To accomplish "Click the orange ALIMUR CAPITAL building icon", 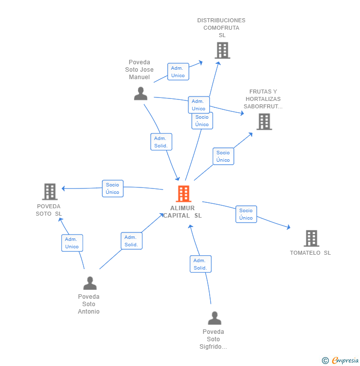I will point(183,194).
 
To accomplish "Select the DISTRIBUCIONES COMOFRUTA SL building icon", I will point(222,50).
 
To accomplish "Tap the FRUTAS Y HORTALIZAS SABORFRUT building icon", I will point(264,122).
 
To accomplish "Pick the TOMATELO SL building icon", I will point(311,238).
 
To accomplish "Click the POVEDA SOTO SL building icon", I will point(50,191).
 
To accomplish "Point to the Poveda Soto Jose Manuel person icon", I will point(140,93).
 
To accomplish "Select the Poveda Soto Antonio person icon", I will point(90,283).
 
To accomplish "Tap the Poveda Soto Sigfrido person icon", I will point(214,318).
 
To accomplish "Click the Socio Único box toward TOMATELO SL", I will point(246,214).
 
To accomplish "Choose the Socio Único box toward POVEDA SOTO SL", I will point(113,188).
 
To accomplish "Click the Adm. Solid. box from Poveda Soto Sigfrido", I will point(200,264).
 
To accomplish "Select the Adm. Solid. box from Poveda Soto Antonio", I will point(131,241).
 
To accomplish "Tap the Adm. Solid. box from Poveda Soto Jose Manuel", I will point(161,142).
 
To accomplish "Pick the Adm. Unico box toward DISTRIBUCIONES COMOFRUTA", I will point(178,72).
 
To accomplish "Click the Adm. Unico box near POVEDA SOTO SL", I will point(72,243).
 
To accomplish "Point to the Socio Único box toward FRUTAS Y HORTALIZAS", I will point(223,156).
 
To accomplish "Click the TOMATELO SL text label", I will point(310,253).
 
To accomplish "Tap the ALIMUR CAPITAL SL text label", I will point(182,212).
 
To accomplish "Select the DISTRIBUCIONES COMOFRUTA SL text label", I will point(221,28).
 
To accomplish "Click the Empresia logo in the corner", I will point(341,361).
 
